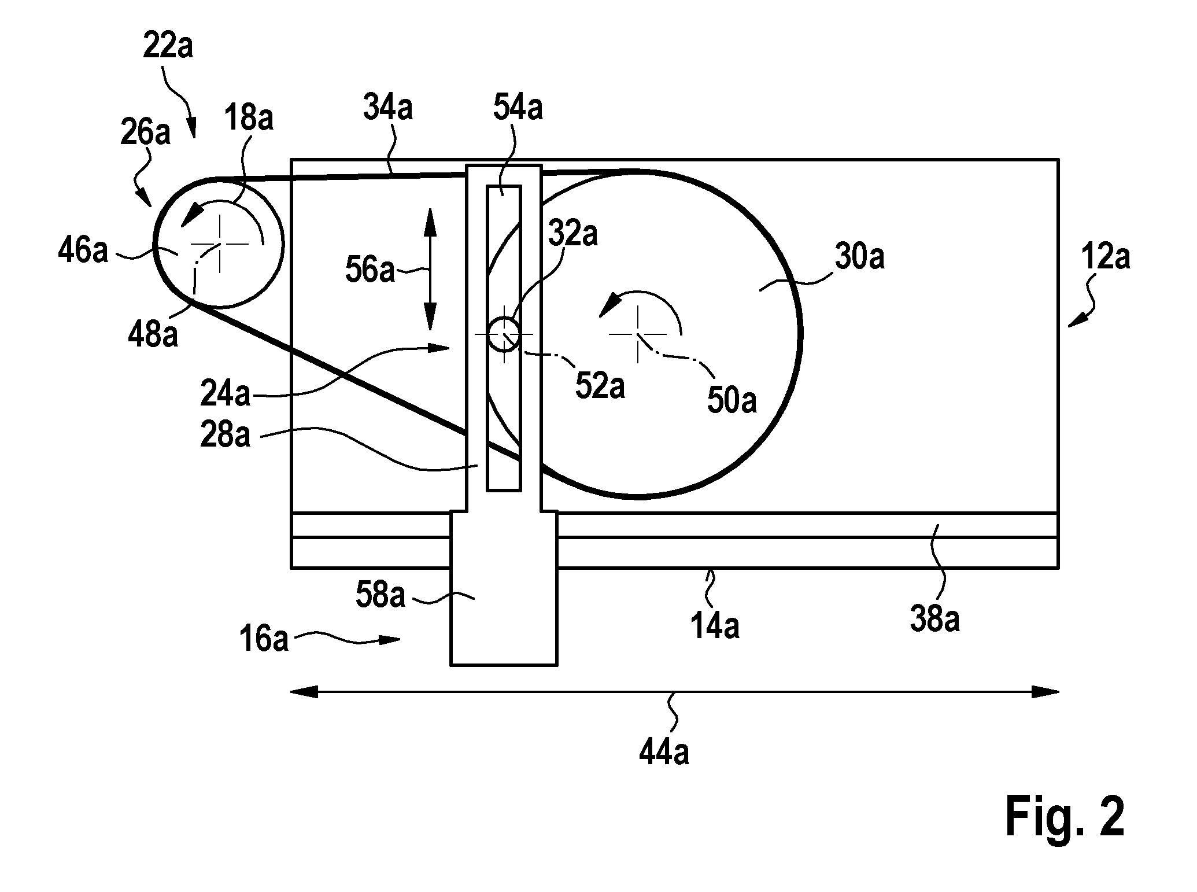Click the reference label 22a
click(x=168, y=46)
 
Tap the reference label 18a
click(x=249, y=118)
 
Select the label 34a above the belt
click(x=388, y=108)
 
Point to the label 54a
click(x=518, y=108)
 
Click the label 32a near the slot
click(x=573, y=234)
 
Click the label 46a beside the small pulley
click(x=83, y=252)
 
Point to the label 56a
click(x=370, y=270)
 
